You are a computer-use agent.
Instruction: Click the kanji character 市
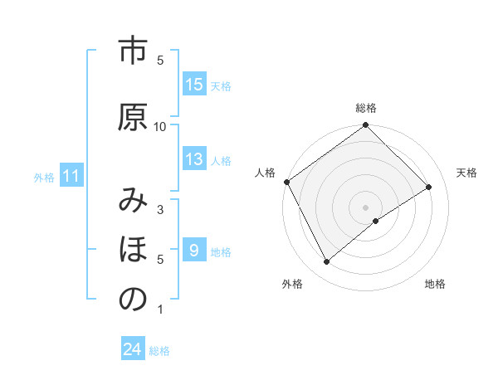point(133,52)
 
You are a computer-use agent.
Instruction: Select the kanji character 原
point(133,117)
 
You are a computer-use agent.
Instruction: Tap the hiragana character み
point(133,202)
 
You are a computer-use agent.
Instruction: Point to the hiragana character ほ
point(133,250)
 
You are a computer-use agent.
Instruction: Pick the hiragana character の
point(133,300)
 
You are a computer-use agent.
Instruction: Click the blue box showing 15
point(194,85)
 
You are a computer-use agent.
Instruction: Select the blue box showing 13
point(194,159)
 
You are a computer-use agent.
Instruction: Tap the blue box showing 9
point(194,251)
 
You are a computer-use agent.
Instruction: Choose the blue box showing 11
point(71,176)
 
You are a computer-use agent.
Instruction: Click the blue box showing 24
point(133,350)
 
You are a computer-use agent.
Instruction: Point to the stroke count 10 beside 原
point(160,126)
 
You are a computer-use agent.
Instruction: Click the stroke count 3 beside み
point(160,210)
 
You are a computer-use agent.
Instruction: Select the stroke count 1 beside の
point(160,310)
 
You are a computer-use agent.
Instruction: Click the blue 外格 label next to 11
point(44,177)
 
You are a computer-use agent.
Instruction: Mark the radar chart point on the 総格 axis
point(365,126)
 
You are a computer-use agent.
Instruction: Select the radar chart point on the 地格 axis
point(376,221)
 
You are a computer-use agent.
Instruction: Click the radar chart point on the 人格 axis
point(286,182)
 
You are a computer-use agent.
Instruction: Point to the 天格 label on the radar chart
point(466,173)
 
